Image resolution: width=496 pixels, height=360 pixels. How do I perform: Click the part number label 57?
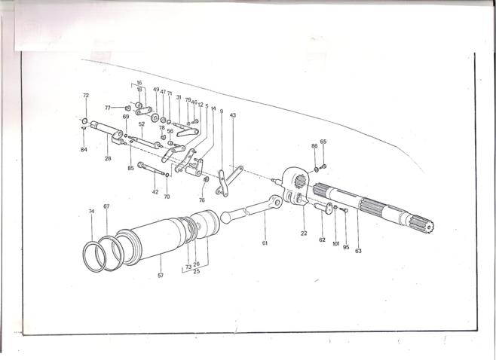pos(161,276)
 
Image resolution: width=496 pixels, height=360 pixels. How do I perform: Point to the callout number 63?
pos(358,251)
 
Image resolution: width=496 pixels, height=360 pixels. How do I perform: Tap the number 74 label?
pos(91,212)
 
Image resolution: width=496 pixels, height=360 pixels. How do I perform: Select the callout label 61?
pos(265,243)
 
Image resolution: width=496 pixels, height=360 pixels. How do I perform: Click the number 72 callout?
pos(86,96)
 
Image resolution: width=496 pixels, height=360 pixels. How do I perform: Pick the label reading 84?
pos(84,150)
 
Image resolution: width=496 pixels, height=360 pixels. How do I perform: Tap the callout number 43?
pos(233,115)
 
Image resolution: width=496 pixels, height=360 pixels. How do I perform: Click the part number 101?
pos(335,244)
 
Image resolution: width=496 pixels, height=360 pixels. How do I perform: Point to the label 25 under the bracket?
pos(196,271)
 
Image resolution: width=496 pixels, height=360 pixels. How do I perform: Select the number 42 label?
pos(155,193)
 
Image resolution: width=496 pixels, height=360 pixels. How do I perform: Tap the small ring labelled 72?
pos(84,121)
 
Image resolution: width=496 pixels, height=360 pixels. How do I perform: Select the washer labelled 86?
pos(315,168)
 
